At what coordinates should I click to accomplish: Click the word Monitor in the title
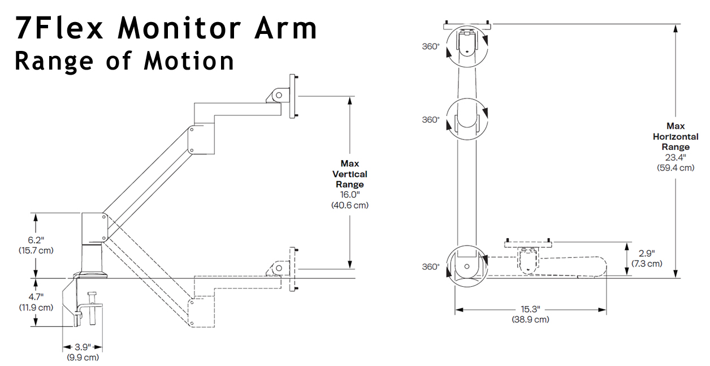[x=179, y=28]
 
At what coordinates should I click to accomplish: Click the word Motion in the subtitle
[x=189, y=61]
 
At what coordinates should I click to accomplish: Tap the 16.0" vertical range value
[x=350, y=195]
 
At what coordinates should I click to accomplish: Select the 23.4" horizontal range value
[x=676, y=157]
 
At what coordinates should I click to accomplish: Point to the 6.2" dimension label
[x=36, y=240]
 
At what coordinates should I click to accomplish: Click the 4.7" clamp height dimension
[x=36, y=297]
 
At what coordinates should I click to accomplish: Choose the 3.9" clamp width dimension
[x=83, y=347]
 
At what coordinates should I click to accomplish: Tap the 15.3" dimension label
[x=530, y=309]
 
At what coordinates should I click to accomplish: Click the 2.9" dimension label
[x=647, y=253]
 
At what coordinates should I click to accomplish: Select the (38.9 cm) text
[x=530, y=320]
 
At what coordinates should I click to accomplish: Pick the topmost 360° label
[x=431, y=46]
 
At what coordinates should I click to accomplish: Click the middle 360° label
[x=431, y=120]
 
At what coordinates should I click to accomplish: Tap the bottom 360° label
[x=431, y=267]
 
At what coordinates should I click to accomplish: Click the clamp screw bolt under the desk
[x=93, y=308]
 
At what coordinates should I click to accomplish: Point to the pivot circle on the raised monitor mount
[x=279, y=95]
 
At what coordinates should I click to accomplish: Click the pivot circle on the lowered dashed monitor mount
[x=279, y=268]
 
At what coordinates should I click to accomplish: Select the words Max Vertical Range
[x=350, y=174]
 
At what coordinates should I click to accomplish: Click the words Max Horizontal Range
[x=676, y=136]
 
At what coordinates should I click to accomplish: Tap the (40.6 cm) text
[x=350, y=205]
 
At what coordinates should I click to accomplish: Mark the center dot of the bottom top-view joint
[x=466, y=267]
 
